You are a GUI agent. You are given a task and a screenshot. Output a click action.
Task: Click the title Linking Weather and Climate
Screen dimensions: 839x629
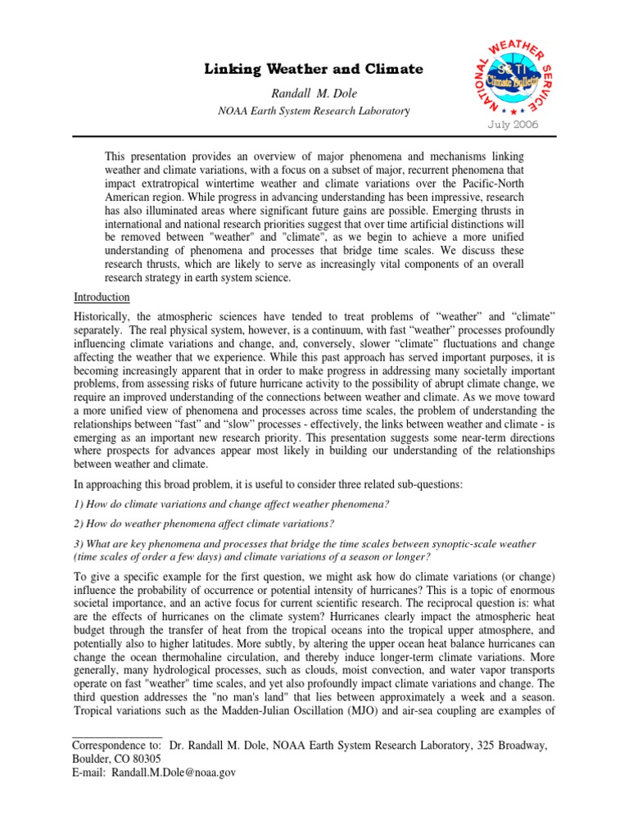pos(314,70)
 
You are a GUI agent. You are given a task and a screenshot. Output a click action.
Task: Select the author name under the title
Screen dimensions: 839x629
pos(314,93)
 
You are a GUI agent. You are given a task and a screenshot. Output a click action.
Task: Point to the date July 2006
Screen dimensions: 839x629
pos(514,125)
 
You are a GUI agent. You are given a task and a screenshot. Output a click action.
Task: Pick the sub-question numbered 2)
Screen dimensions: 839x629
pos(204,524)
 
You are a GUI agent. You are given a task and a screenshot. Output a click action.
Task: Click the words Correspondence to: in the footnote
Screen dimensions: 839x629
pos(117,745)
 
